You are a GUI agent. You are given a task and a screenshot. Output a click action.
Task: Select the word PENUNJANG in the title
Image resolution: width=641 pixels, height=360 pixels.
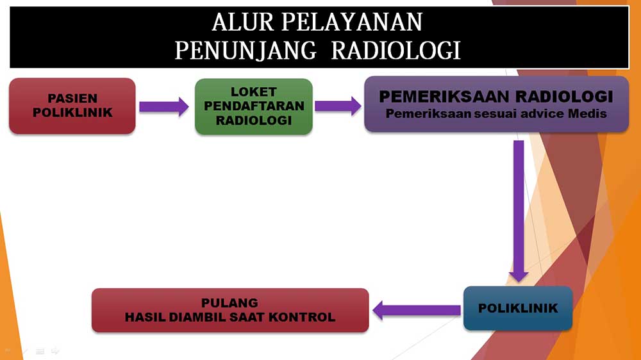coord(246,51)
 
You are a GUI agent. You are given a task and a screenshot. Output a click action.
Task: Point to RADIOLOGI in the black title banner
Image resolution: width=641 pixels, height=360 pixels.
coord(396,51)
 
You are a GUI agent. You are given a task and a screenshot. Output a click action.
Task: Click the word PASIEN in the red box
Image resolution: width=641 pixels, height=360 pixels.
coord(72,99)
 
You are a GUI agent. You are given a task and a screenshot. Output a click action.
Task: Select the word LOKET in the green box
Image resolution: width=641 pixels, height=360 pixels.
coord(253,92)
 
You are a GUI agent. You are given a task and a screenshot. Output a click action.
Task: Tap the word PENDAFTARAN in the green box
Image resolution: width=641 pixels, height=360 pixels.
coord(254,106)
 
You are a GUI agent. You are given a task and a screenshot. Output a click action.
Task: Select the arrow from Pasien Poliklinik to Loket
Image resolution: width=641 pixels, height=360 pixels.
coord(164,106)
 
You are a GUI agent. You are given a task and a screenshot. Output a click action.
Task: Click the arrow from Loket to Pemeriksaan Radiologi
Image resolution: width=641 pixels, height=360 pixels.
coord(338,106)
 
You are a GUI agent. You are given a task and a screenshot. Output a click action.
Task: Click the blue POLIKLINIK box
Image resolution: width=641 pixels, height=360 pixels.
coord(518,308)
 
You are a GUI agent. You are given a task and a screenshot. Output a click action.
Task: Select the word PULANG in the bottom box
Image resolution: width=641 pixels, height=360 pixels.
coord(229,303)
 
